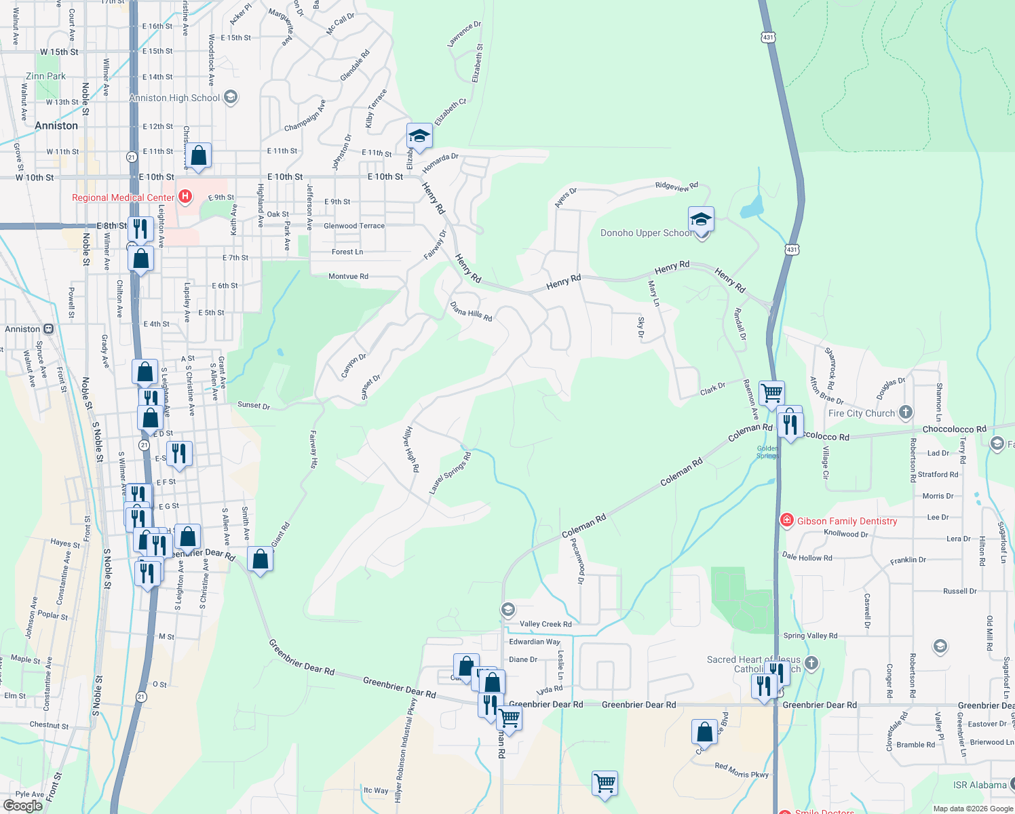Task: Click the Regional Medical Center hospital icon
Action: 185,197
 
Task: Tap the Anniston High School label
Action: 174,98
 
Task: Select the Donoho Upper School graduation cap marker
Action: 701,220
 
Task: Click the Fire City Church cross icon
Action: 905,412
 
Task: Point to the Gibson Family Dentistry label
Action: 847,521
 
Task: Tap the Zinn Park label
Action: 46,76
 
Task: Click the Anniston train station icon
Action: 49,329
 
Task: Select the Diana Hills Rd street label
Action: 471,311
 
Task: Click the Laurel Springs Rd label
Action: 450,473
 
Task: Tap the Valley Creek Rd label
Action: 545,624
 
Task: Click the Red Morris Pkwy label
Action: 742,770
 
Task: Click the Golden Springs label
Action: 768,452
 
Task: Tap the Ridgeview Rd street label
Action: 676,186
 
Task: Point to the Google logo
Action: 22,806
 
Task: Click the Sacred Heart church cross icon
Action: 811,663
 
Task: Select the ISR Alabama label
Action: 980,785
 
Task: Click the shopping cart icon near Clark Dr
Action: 771,392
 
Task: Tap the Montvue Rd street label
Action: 348,276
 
